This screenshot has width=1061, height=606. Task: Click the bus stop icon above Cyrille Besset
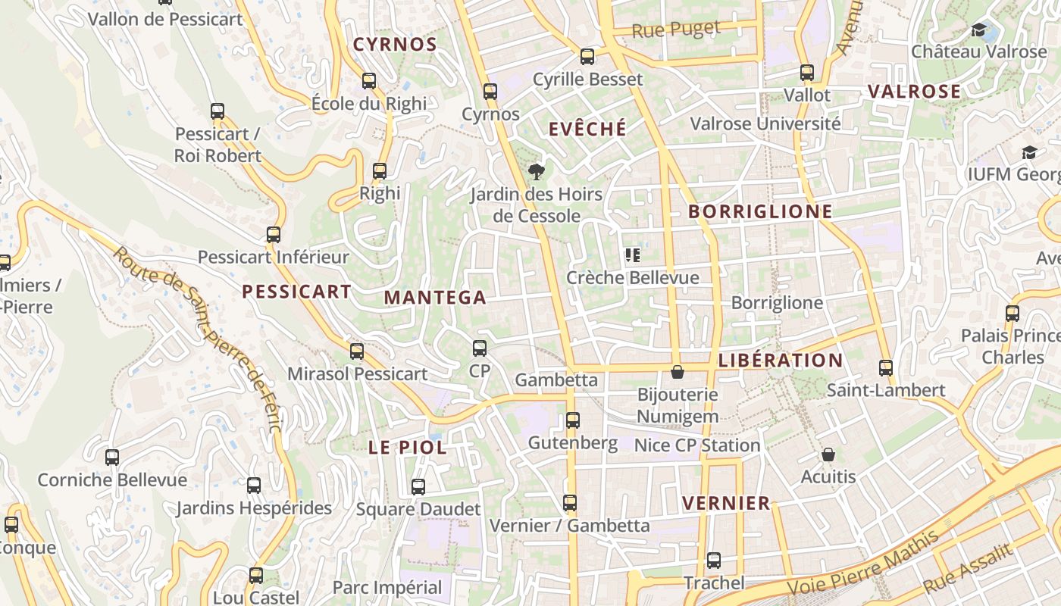tap(587, 57)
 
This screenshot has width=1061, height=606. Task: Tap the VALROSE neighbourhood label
tap(914, 92)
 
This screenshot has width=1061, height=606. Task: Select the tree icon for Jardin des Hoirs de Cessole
tap(537, 171)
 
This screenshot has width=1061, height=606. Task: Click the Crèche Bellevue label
tap(633, 278)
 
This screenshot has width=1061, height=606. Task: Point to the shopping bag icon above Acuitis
tap(828, 455)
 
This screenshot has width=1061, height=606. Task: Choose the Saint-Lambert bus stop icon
tap(886, 368)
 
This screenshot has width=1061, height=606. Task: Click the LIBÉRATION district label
tap(780, 360)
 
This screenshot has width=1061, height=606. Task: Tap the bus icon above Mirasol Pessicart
tap(357, 351)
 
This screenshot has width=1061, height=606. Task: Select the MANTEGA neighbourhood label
tap(435, 298)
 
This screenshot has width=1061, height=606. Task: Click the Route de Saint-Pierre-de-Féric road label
tap(199, 337)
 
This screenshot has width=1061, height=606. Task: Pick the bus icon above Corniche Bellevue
tap(112, 458)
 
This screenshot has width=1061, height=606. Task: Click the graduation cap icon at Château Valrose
tap(979, 30)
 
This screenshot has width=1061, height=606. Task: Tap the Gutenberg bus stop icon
tap(573, 420)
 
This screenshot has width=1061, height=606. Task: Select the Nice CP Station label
tap(696, 445)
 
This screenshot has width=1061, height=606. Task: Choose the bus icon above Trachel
tap(714, 561)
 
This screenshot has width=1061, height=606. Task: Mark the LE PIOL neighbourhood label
tap(407, 448)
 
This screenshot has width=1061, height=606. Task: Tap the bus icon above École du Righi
tap(369, 81)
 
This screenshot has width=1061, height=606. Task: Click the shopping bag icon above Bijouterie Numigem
tap(678, 372)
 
